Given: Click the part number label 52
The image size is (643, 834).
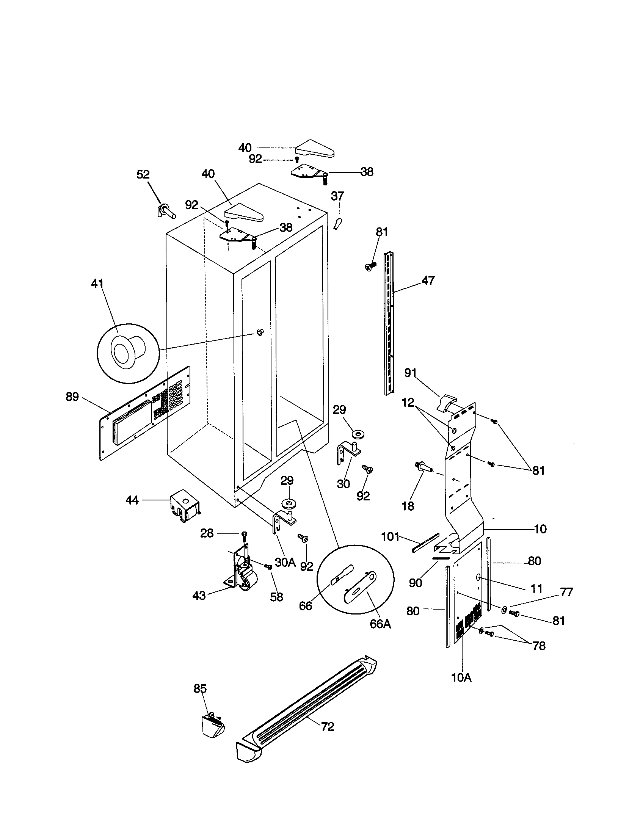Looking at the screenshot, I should [x=143, y=174].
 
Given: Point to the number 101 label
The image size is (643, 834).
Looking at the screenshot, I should [x=390, y=537].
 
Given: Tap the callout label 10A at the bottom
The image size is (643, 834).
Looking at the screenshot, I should [x=461, y=678].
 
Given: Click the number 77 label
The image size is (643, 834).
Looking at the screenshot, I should [x=566, y=592].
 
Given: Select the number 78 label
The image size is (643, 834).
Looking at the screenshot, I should [x=539, y=646].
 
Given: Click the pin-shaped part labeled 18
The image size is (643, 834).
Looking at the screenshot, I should [x=423, y=466].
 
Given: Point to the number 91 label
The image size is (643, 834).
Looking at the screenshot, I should [x=410, y=373].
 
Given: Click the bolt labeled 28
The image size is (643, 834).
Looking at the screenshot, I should [x=244, y=535].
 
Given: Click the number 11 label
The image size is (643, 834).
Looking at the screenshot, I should [x=536, y=588].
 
